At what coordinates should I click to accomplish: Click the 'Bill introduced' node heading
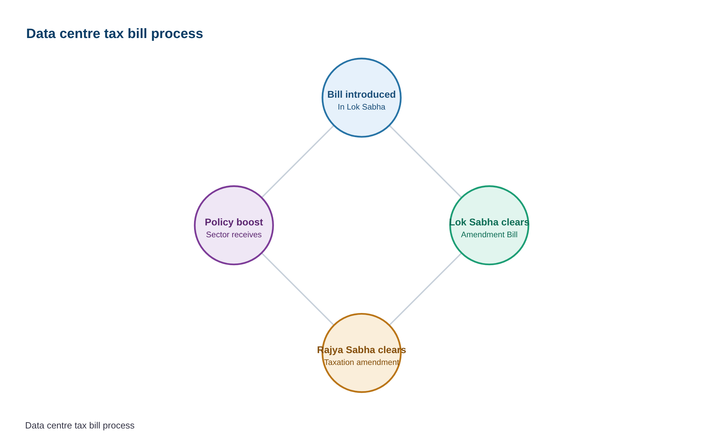tap(361, 95)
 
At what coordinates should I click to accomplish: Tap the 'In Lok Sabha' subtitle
tap(361, 107)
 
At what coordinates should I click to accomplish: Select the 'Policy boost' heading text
tap(234, 222)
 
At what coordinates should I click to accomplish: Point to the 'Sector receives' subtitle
tap(234, 235)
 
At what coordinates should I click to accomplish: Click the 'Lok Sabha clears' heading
tap(489, 222)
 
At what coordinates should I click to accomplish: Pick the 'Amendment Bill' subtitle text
tap(489, 235)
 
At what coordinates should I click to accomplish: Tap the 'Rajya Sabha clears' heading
tap(361, 350)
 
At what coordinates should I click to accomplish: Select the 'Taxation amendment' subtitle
tap(361, 363)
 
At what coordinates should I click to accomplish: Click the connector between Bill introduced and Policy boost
tap(298, 162)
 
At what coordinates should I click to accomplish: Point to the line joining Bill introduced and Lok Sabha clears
tap(425, 162)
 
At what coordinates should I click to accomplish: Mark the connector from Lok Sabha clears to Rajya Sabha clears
tap(425, 289)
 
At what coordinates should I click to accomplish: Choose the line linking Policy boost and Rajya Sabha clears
tap(298, 289)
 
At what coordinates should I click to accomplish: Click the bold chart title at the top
tap(114, 34)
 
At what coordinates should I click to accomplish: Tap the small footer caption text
tap(80, 426)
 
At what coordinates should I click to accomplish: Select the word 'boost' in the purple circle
tap(250, 222)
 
